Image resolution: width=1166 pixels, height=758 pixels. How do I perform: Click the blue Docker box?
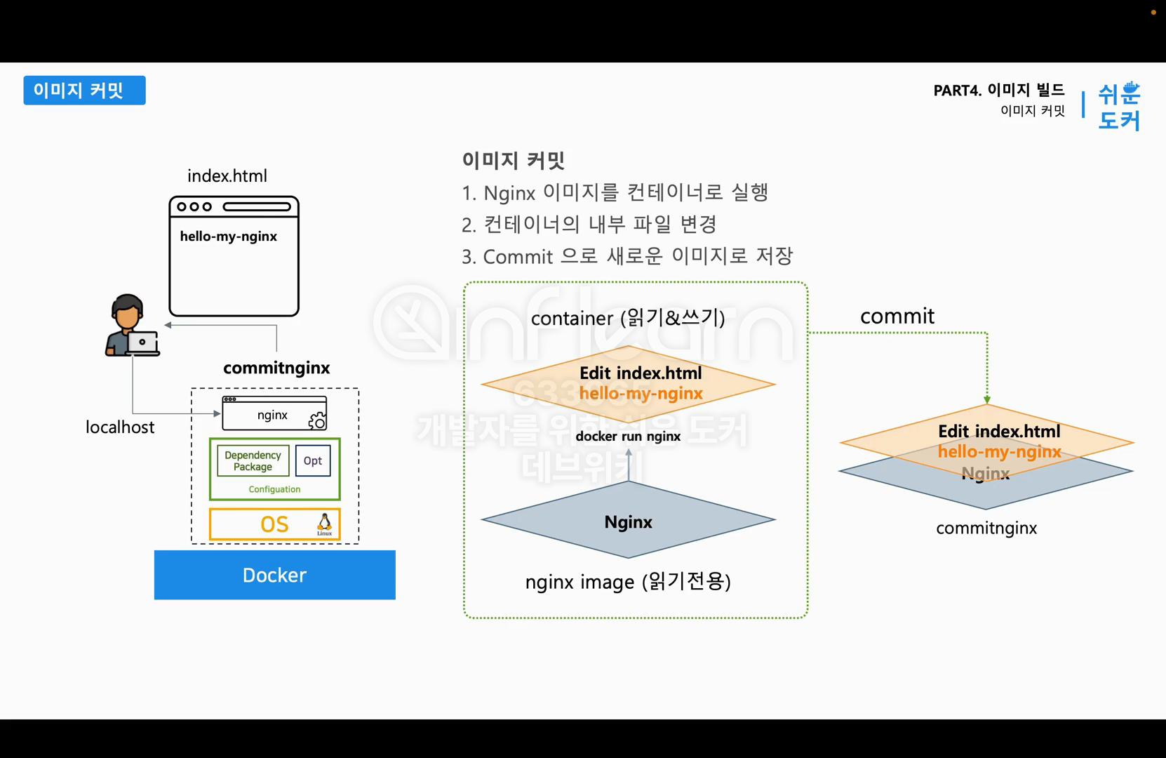[x=274, y=575]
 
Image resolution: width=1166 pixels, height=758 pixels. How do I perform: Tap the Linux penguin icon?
[x=324, y=523]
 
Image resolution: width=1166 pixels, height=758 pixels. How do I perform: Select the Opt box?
[x=313, y=461]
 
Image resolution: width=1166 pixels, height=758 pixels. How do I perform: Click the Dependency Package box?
[x=253, y=461]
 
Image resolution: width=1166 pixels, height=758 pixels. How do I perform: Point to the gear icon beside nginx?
[x=317, y=420]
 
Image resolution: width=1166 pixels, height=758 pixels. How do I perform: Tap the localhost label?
[x=120, y=427]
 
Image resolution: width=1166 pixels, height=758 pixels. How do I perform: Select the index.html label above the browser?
[x=227, y=176]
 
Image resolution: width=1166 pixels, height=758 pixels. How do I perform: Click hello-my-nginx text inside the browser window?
[x=228, y=237]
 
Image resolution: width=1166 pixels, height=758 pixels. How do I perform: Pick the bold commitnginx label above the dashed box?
[x=276, y=368]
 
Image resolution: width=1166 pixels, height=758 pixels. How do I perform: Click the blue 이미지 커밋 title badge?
[x=84, y=91]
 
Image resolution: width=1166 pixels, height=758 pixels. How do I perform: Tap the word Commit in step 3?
[x=518, y=257]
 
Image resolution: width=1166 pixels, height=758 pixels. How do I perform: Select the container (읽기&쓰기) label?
[x=628, y=318]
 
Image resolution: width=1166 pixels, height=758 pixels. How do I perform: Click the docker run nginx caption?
[x=628, y=437]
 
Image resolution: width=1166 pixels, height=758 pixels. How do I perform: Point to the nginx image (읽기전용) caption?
[x=628, y=582]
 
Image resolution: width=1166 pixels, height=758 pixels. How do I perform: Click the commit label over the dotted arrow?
[x=897, y=317]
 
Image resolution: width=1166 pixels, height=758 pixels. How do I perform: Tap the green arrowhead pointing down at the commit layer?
[x=987, y=399]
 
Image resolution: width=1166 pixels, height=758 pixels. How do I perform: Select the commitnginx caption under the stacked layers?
[x=986, y=528]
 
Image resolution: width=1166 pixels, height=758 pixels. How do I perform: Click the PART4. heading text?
[x=957, y=91]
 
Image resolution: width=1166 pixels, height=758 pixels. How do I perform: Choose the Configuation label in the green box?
[x=274, y=489]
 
